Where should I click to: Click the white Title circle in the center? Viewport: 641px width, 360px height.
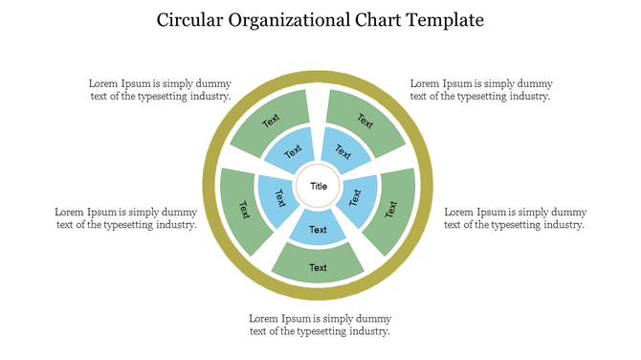click(x=319, y=187)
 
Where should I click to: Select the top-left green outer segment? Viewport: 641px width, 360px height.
click(x=272, y=121)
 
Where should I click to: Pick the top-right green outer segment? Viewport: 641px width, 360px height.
click(x=365, y=121)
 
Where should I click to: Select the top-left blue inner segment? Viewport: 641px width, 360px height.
click(x=291, y=151)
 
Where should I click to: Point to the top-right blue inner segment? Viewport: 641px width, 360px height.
click(x=344, y=151)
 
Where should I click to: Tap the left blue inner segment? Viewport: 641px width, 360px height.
click(x=276, y=197)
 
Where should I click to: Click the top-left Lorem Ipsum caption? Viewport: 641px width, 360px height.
click(x=160, y=90)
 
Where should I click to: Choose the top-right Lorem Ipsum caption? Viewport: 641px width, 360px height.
click(x=480, y=90)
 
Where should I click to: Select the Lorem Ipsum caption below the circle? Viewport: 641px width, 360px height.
click(x=320, y=325)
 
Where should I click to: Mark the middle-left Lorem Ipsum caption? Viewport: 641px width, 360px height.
click(x=126, y=218)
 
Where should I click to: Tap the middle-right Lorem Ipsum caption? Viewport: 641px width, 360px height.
click(x=516, y=218)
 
